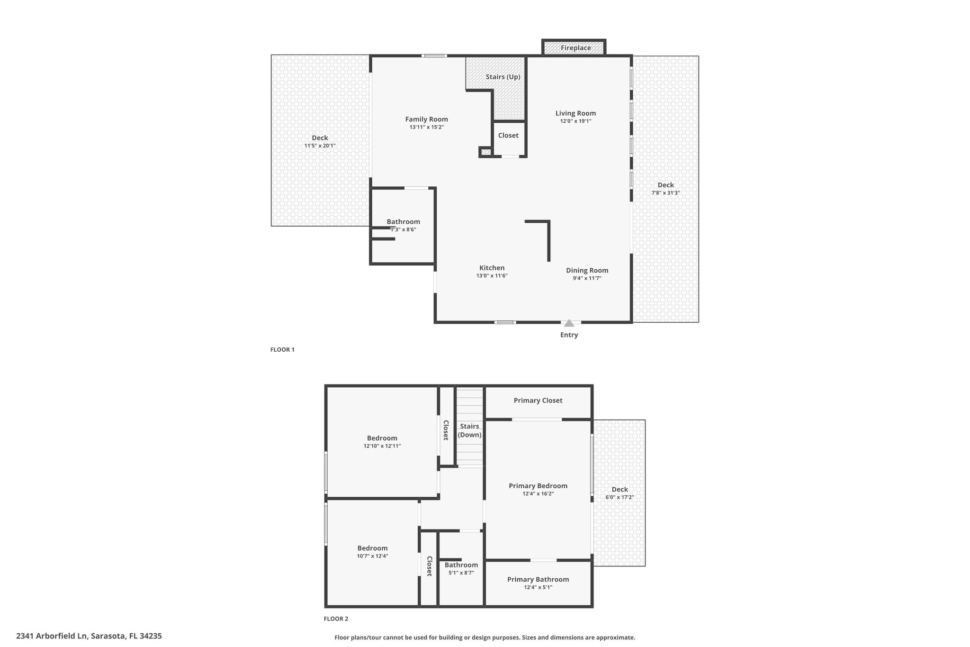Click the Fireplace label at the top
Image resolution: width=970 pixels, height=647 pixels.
coord(575,48)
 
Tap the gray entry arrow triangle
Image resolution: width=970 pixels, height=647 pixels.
coord(569,323)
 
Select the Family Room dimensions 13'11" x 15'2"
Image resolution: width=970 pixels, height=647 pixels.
coord(427,127)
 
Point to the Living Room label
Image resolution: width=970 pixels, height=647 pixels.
coord(575,113)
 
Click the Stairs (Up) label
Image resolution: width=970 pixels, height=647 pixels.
coord(503,77)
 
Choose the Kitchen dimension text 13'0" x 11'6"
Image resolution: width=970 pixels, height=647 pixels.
coord(492,276)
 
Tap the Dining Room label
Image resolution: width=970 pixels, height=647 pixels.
coord(587,271)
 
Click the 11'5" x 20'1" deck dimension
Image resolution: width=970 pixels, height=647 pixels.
coord(320,146)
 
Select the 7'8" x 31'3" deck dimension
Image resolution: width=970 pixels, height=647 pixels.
coord(666,193)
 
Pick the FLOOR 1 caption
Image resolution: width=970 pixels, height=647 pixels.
coord(282,350)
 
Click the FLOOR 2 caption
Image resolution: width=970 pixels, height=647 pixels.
coord(336,619)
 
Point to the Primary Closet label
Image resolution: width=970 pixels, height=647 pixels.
coord(538,401)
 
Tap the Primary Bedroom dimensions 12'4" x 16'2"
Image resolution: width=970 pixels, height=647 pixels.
coord(538,494)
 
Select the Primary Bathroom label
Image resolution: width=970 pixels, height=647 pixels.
coord(538,580)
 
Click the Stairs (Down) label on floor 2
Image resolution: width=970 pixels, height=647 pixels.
coord(469,431)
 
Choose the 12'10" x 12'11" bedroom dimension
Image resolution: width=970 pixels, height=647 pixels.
coord(382,446)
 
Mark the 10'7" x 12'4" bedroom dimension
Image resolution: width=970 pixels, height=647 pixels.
coord(373,556)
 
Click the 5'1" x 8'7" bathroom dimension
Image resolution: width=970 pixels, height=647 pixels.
coord(461,573)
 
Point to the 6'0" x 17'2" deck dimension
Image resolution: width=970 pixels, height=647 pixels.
coord(620,498)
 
